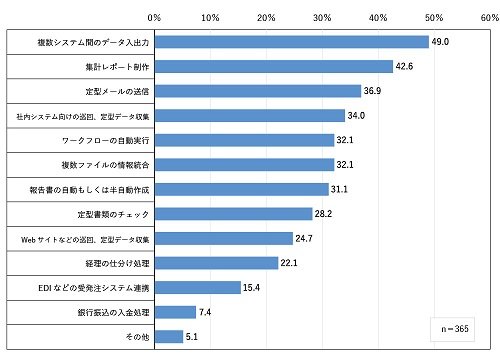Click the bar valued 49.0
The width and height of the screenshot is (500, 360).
tap(292, 42)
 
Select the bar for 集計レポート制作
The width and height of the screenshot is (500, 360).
tap(274, 67)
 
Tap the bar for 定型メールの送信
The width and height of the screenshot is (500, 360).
tap(258, 91)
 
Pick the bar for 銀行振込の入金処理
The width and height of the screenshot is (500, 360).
tap(175, 312)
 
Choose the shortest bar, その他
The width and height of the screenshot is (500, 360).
tap(169, 337)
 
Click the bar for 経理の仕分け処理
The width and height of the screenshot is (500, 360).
tap(216, 263)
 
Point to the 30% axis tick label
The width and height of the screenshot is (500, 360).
tap(322, 18)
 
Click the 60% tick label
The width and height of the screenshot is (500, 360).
tap(490, 18)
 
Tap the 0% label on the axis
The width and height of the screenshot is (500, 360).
tap(154, 18)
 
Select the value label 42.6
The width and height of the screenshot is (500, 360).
tap(404, 66)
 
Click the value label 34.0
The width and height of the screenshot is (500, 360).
tap(356, 115)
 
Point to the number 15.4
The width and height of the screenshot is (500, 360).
tap(251, 287)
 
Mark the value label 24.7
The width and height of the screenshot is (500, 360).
tap(304, 238)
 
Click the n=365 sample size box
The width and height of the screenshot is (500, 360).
tap(452, 329)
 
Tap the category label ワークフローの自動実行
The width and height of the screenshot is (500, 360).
tap(106, 141)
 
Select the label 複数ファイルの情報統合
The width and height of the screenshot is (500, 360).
tap(105, 165)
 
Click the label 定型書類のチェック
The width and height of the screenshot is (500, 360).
tap(113, 214)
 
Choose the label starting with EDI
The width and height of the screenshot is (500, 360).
tap(94, 288)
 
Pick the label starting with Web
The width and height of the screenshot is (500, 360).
tap(85, 239)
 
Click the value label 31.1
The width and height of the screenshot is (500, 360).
tap(339, 189)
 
